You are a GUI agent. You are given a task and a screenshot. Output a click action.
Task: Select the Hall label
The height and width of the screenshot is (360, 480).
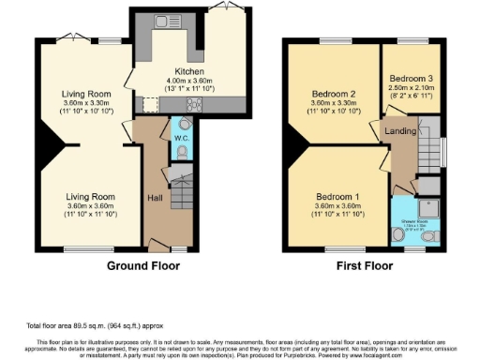[x=156, y=198]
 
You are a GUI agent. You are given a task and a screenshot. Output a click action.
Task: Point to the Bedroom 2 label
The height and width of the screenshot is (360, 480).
[x=334, y=94]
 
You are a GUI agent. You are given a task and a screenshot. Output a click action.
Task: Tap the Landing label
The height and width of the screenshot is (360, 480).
[x=400, y=131]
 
